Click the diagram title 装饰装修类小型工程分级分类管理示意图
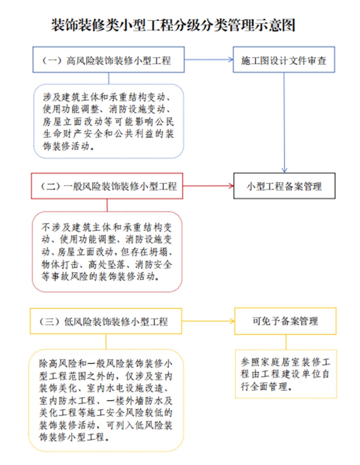coord(173,25)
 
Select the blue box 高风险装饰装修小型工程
coord(108,60)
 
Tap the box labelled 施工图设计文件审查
coord(284,60)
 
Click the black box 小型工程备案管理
coord(284,186)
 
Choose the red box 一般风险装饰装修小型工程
coord(107,186)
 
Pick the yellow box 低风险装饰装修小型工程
coord(106,321)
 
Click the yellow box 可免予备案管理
coord(285,321)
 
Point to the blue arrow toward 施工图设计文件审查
coord(208,60)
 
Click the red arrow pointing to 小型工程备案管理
coord(208,186)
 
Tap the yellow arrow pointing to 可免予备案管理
coord(208,321)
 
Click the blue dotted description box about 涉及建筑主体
coord(108,121)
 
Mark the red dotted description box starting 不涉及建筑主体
coord(107,252)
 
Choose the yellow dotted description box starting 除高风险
coord(106,400)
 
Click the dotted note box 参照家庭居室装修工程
coord(285,374)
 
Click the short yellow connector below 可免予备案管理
coord(286,342)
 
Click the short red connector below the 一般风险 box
coord(107,205)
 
